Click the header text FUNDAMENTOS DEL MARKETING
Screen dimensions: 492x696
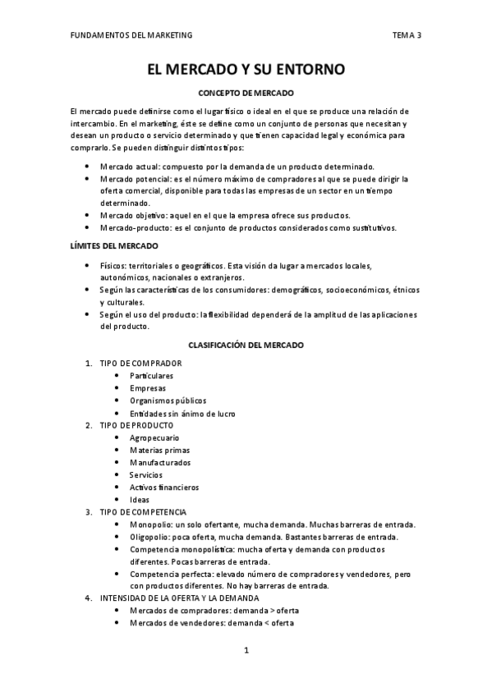click(131, 35)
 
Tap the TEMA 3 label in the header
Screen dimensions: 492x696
click(407, 35)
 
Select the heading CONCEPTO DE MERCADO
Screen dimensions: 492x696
click(246, 94)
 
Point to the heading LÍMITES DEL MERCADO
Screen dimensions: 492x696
click(114, 246)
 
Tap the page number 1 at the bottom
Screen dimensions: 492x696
click(246, 651)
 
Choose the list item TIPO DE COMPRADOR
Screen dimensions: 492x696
click(140, 363)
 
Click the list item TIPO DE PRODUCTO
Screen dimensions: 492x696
click(136, 425)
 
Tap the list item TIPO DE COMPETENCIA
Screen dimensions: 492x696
click(143, 512)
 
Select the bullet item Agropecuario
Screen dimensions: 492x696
click(154, 437)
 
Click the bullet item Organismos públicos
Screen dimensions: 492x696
click(168, 401)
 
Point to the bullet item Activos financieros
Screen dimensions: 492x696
click(164, 488)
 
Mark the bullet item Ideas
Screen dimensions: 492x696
click(140, 500)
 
